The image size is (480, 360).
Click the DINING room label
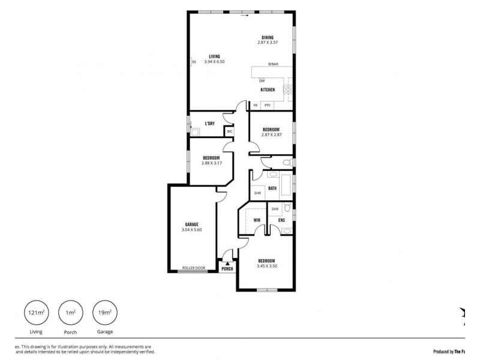(x=268, y=37)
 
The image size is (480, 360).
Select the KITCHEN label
(x=268, y=90)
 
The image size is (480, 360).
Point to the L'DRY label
(x=209, y=124)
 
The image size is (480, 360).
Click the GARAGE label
(x=191, y=224)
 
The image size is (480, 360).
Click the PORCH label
(x=227, y=269)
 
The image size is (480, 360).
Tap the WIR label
(x=256, y=220)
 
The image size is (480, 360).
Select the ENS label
(x=281, y=220)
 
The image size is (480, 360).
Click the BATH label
(x=272, y=189)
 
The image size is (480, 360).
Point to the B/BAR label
(x=273, y=64)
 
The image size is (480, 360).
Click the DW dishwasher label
(x=262, y=80)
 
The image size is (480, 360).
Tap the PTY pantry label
(x=268, y=106)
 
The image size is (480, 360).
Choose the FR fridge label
(x=256, y=106)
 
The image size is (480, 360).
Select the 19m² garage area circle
(x=104, y=313)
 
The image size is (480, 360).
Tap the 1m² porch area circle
(x=70, y=313)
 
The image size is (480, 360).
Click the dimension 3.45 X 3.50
(x=266, y=266)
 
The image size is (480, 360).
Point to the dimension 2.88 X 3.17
(x=211, y=163)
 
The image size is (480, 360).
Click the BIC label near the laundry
(x=229, y=131)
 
